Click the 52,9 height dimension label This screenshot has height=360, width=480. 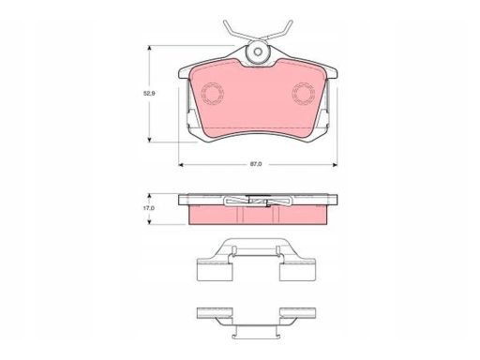[149, 93]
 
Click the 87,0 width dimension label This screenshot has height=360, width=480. [256, 164]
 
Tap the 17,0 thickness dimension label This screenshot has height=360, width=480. [149, 208]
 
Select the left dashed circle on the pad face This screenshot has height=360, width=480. [213, 94]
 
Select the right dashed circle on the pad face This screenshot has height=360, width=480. [304, 94]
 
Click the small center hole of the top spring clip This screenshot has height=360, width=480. [258, 52]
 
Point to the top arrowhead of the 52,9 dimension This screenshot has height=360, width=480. [150, 48]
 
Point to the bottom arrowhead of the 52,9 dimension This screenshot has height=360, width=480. [150, 140]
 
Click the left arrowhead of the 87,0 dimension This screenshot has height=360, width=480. [181, 165]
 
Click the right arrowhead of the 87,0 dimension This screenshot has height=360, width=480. [335, 165]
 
